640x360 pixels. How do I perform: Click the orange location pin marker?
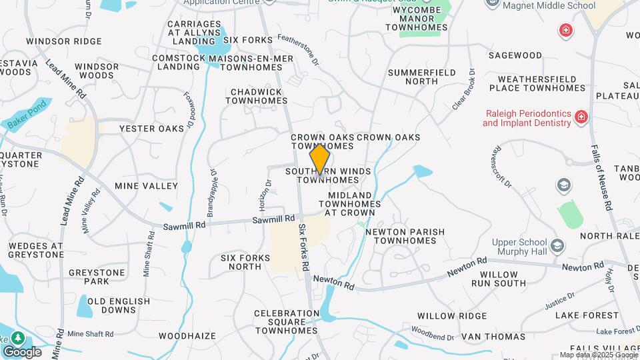point(320,159)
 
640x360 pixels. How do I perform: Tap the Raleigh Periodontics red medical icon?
point(582,117)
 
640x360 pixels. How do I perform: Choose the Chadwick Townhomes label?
point(256,96)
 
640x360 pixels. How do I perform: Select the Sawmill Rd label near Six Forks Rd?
point(273,219)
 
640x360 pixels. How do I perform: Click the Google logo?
point(22,352)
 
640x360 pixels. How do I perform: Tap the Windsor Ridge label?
point(64,41)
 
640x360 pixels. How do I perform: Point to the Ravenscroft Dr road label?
point(503,165)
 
